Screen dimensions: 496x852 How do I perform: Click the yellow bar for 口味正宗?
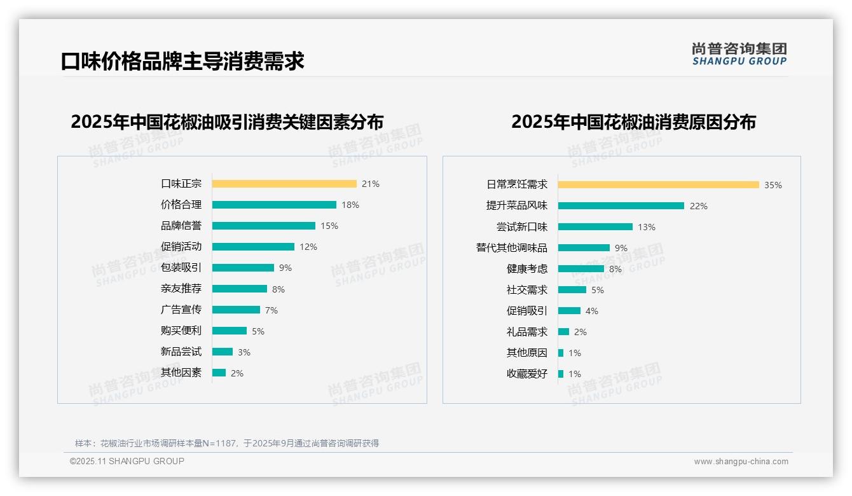pos(284,184)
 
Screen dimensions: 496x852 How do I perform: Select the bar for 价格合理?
pos(274,205)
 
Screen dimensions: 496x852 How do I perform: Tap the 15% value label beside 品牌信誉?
pos(329,226)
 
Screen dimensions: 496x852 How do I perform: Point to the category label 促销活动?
pos(181,247)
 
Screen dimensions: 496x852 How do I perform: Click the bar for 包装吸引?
pos(243,268)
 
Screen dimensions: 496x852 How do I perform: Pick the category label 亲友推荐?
pos(181,289)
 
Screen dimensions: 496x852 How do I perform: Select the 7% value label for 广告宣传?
pos(271,310)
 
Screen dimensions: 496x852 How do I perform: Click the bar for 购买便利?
pos(230,331)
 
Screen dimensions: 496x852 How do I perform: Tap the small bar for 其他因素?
pos(219,373)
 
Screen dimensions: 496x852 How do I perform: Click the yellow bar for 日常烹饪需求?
pos(659,185)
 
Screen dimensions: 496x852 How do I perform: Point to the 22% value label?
pos(699,206)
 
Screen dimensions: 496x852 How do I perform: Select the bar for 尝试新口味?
pos(595,227)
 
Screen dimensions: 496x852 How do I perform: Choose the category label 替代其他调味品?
pos(512,248)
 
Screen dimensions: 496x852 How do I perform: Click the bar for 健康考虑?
pos(581,269)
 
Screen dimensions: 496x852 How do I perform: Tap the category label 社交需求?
pos(527,290)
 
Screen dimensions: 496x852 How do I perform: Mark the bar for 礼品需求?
pos(563,332)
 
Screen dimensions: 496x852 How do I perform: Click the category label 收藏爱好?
pos(527,374)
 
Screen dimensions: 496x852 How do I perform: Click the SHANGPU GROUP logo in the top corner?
pos(739,54)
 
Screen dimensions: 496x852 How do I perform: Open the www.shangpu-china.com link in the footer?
pos(741,462)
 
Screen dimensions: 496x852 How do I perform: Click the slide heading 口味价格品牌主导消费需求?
pos(182,61)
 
